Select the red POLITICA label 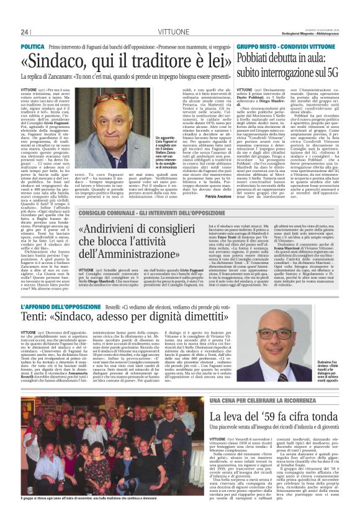pyautogui.click(x=32, y=47)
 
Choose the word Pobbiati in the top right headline pyautogui.click(x=258, y=60)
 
